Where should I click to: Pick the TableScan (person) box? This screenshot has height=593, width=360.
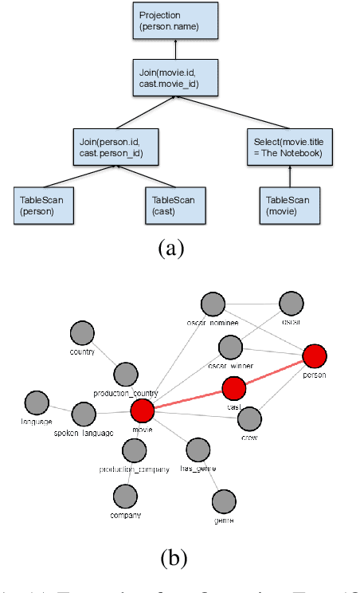[x=45, y=205]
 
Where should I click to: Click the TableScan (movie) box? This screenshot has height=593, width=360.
[x=291, y=205]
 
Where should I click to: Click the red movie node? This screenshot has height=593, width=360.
[x=142, y=411]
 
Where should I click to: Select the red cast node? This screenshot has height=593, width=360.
[x=233, y=388]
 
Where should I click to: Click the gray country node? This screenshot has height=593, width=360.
[x=82, y=334]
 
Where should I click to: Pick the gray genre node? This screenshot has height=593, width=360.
[x=225, y=501]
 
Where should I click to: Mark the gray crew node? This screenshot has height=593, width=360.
[x=250, y=418]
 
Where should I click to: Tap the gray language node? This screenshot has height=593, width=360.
[x=37, y=403]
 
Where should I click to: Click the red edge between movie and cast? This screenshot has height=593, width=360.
[x=187, y=400]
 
